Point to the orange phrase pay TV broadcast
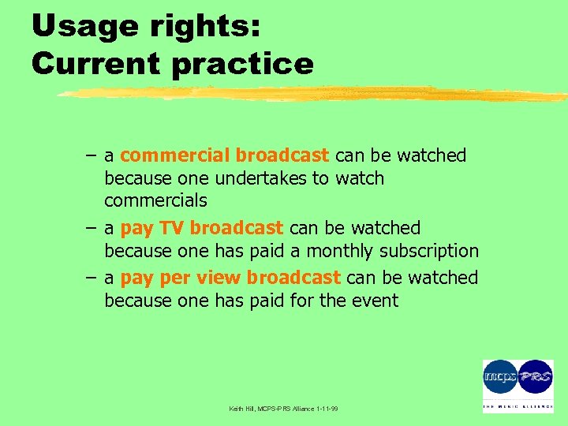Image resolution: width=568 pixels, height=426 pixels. [201, 228]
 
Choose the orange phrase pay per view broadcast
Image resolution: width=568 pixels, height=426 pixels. [230, 278]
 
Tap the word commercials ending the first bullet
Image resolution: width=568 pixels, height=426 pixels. [155, 201]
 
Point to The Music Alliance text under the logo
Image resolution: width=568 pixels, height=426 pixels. [518, 407]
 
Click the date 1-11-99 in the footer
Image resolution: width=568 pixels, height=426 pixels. [325, 409]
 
